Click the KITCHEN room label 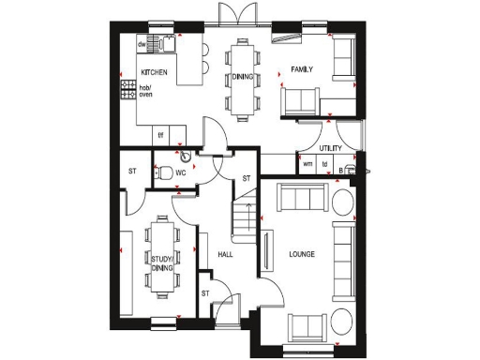(154, 71)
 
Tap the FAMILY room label (301, 70)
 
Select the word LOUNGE (302, 254)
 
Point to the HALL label (225, 254)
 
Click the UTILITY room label (329, 148)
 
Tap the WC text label (182, 172)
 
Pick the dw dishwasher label (142, 43)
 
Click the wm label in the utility (307, 164)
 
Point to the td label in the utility (324, 164)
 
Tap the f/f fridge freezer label (160, 134)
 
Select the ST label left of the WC (132, 171)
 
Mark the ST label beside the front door (205, 294)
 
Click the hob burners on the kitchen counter (127, 90)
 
